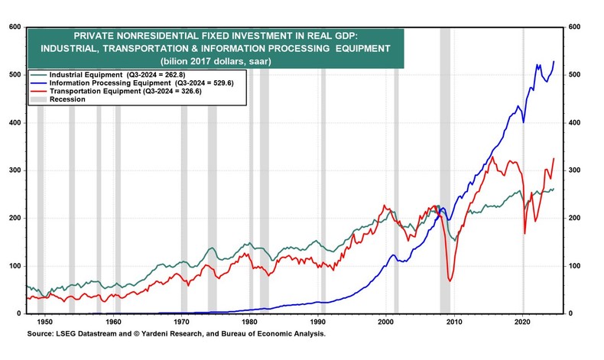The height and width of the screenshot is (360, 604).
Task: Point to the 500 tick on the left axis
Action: coord(15,75)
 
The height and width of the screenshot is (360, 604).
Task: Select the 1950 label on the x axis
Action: coord(44,323)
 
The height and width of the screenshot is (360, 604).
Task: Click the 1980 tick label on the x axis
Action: coord(249,323)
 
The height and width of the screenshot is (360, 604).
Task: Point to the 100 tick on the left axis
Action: coord(15,266)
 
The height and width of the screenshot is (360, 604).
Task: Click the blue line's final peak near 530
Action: coord(554,61)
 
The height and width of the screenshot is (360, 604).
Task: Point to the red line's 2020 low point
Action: coord(524,233)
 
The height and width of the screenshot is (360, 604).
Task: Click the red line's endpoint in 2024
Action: coord(554,158)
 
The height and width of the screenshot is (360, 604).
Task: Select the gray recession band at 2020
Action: coord(523,191)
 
